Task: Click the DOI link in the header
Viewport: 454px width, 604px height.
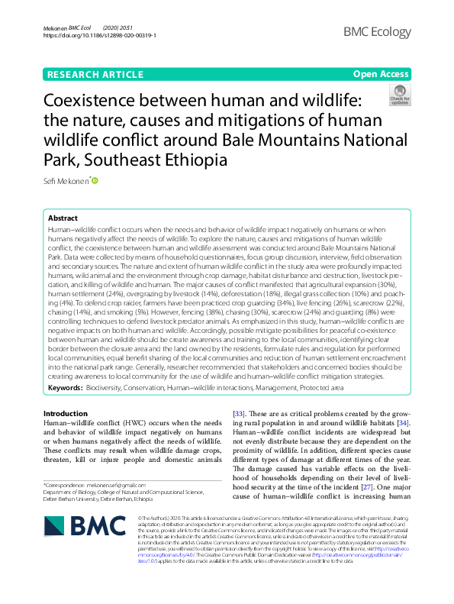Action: [x=100, y=36]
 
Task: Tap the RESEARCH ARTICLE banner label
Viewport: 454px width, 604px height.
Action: [x=95, y=74]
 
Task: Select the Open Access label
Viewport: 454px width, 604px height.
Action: [x=381, y=74]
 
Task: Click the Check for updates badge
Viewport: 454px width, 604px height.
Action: [x=398, y=95]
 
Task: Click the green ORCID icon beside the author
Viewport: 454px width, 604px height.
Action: [x=95, y=181]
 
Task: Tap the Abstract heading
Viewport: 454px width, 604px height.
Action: [x=63, y=218]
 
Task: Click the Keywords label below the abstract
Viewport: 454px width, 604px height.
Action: [x=66, y=388]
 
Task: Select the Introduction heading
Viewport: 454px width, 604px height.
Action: [x=66, y=413]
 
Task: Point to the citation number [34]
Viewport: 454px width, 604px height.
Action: [x=404, y=422]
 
